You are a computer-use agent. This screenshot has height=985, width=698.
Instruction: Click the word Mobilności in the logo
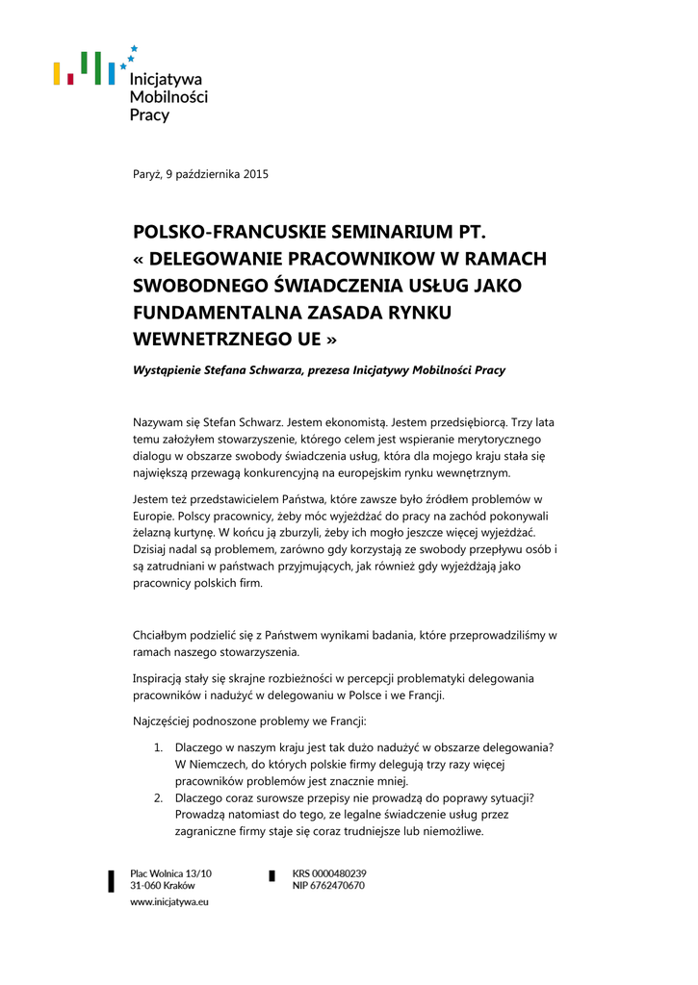[x=168, y=97]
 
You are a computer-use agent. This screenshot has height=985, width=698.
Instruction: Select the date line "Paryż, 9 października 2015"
[x=199, y=174]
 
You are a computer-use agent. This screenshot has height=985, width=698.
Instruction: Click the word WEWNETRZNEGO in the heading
[x=211, y=340]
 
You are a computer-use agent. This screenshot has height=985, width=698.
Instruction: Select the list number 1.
[x=158, y=747]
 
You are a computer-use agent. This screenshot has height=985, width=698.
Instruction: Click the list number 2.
[x=158, y=798]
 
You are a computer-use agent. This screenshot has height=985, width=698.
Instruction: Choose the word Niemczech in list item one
[x=223, y=765]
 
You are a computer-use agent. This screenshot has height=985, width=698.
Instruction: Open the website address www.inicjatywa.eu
[x=169, y=902]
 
